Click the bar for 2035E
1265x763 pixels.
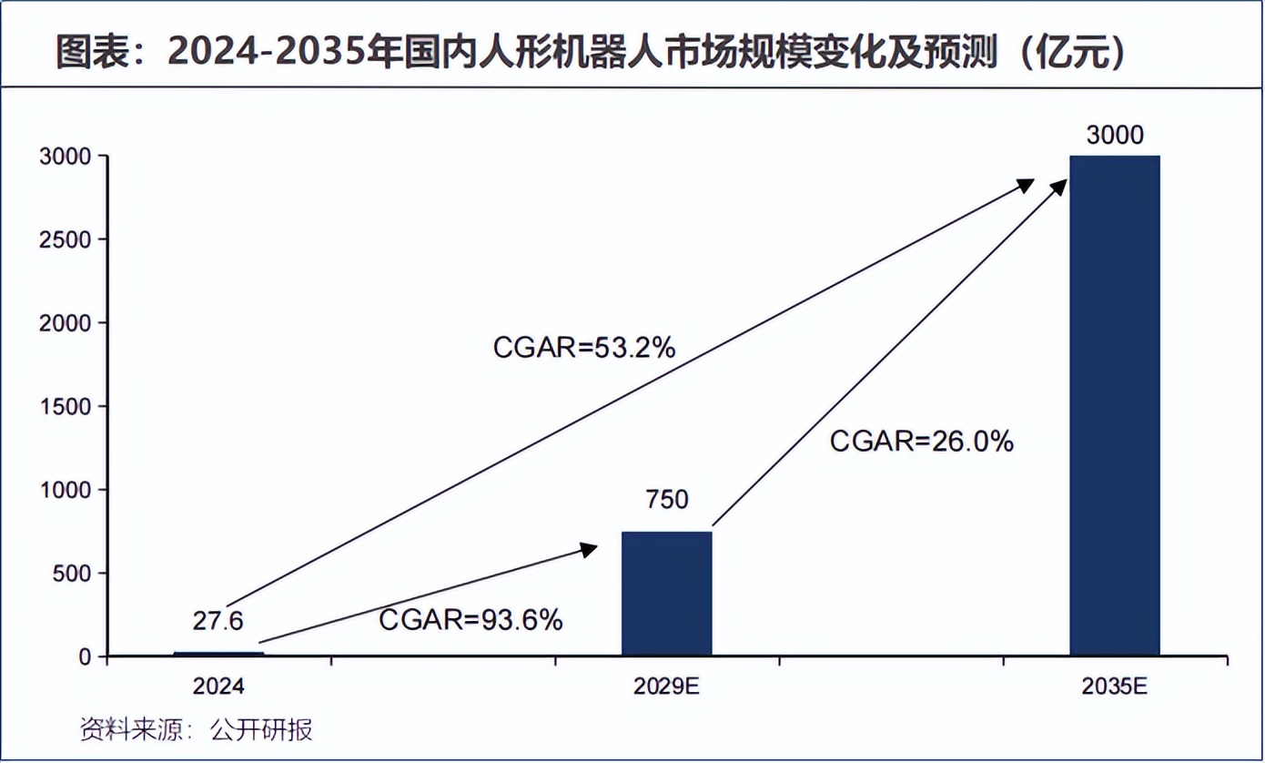click(1114, 405)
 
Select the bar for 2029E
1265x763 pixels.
click(666, 593)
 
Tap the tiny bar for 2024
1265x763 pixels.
click(218, 653)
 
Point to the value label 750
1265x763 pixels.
click(667, 500)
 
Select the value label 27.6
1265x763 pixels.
click(218, 621)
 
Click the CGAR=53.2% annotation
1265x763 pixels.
click(583, 347)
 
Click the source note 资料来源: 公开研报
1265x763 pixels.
click(197, 730)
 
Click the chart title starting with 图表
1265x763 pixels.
click(592, 54)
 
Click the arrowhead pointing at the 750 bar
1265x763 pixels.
click(589, 548)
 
